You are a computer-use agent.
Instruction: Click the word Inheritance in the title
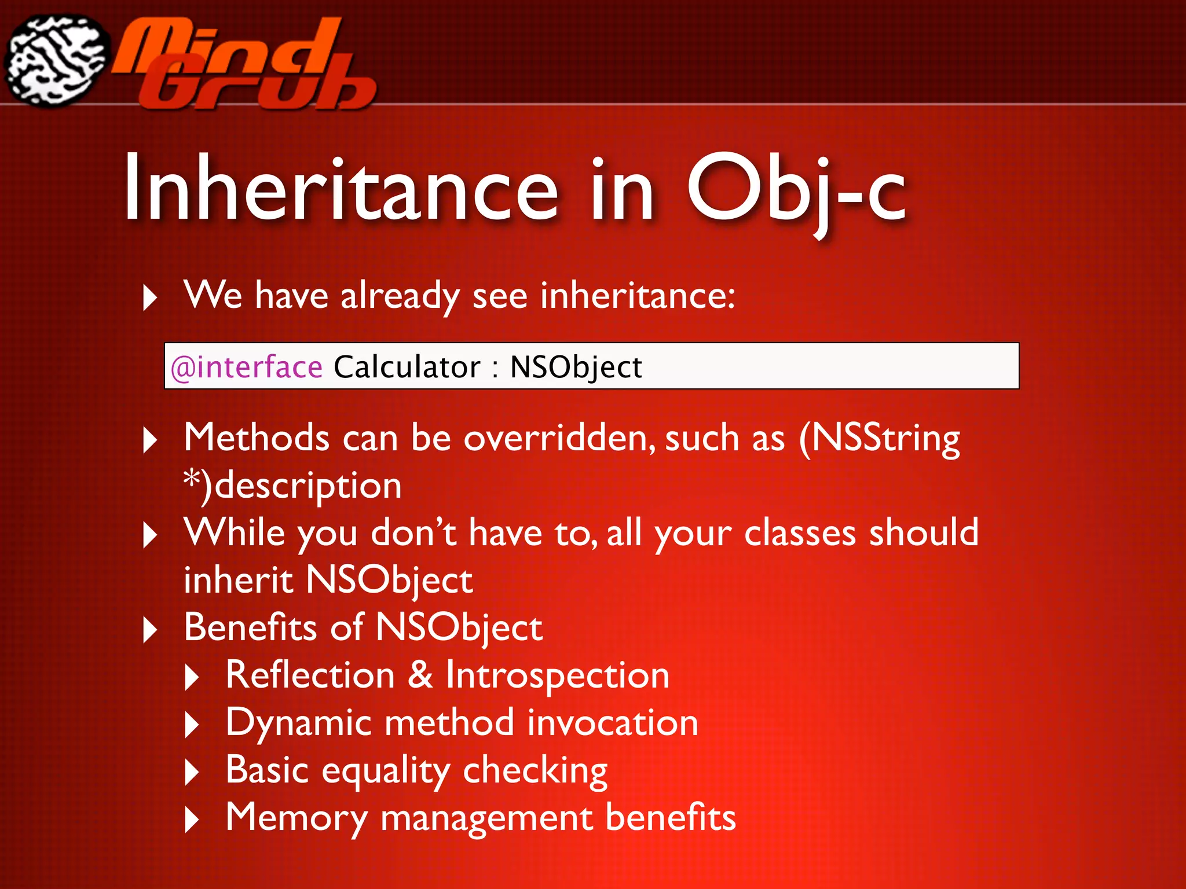pyautogui.click(x=341, y=188)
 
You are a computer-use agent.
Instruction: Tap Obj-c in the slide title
pyautogui.click(x=796, y=188)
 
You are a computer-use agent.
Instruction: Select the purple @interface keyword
pyautogui.click(x=247, y=367)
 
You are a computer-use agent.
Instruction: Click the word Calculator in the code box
pyautogui.click(x=407, y=367)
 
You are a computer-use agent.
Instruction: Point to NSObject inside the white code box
pyautogui.click(x=576, y=367)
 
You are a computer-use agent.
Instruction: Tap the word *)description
pyautogui.click(x=292, y=485)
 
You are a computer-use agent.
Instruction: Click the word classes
pyautogui.click(x=800, y=532)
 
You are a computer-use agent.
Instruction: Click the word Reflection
pyautogui.click(x=310, y=675)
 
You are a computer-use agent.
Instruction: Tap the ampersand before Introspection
pyautogui.click(x=420, y=675)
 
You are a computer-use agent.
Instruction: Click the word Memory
pyautogui.click(x=296, y=818)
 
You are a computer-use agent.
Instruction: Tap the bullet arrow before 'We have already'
pyautogui.click(x=150, y=297)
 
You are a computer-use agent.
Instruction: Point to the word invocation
pyautogui.click(x=613, y=723)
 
